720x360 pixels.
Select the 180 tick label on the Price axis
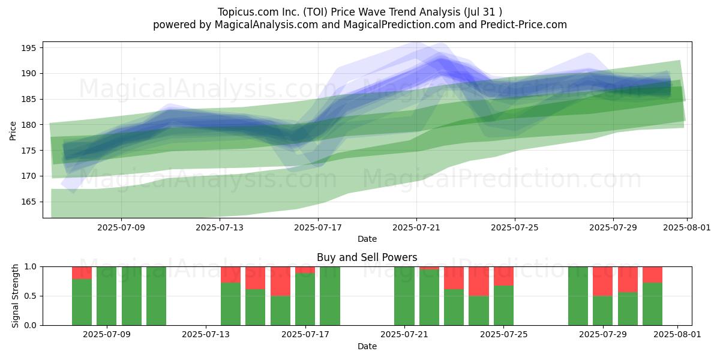[x=29, y=125]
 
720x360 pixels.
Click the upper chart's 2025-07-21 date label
[x=416, y=227]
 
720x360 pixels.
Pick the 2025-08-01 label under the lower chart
[x=677, y=334]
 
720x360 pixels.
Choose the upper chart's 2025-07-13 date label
[x=220, y=227]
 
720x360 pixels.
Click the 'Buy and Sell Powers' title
[x=367, y=257]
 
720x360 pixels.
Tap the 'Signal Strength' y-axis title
[x=15, y=296]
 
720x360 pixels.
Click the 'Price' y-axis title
[x=13, y=131]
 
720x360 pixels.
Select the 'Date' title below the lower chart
[x=367, y=346]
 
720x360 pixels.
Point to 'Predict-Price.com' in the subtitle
[x=524, y=25]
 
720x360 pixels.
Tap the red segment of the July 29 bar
[x=602, y=281]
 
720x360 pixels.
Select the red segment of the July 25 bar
[x=503, y=276]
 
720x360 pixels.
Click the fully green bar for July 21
[x=404, y=296]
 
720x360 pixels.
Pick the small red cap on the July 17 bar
[x=305, y=270]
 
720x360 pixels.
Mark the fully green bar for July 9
[x=107, y=296]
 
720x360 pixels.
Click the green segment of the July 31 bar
[x=653, y=304]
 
